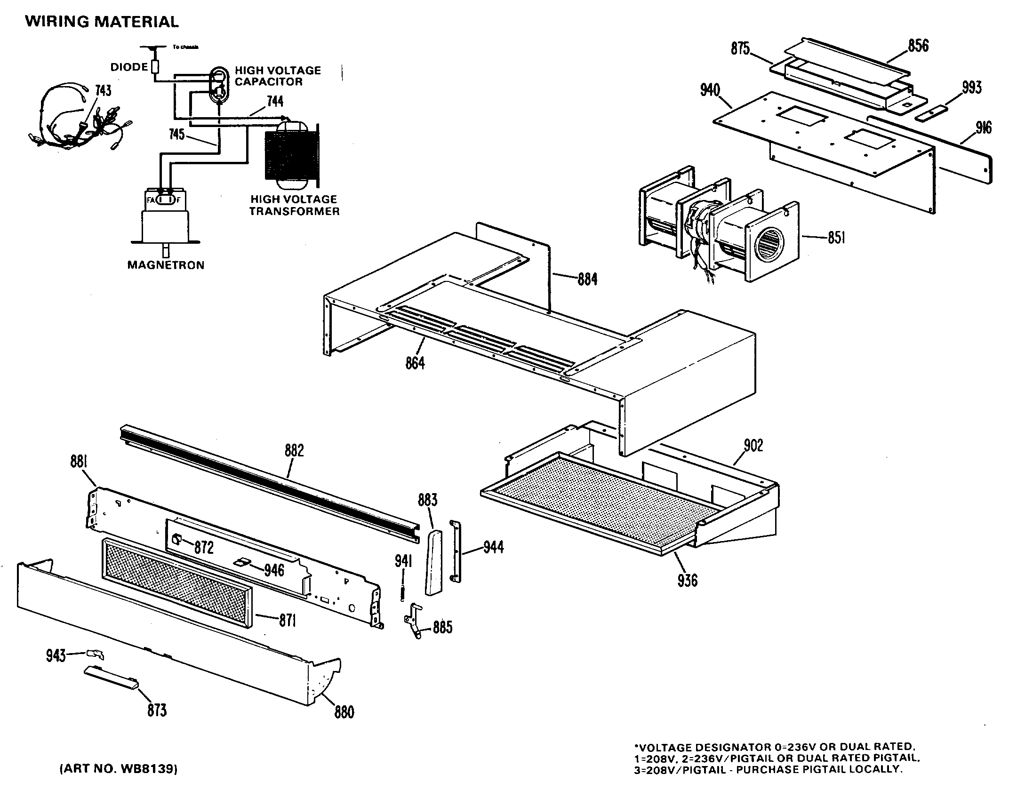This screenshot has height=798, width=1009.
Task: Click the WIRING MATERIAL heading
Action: (102, 22)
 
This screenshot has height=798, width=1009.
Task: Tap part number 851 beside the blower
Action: (836, 238)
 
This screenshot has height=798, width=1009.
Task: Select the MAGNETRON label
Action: (166, 265)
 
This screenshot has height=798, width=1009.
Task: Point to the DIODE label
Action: (129, 67)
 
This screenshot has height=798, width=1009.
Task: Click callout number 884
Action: (587, 279)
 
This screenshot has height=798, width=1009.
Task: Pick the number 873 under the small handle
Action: (157, 710)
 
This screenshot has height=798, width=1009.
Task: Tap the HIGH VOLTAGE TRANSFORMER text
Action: (294, 206)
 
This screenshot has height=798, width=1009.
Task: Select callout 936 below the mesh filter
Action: (687, 580)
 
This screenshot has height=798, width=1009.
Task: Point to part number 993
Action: (971, 88)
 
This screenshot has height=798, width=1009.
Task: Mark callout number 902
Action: (753, 445)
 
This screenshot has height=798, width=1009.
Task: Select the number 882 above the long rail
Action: (294, 451)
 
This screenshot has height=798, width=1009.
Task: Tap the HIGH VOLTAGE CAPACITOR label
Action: (278, 76)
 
